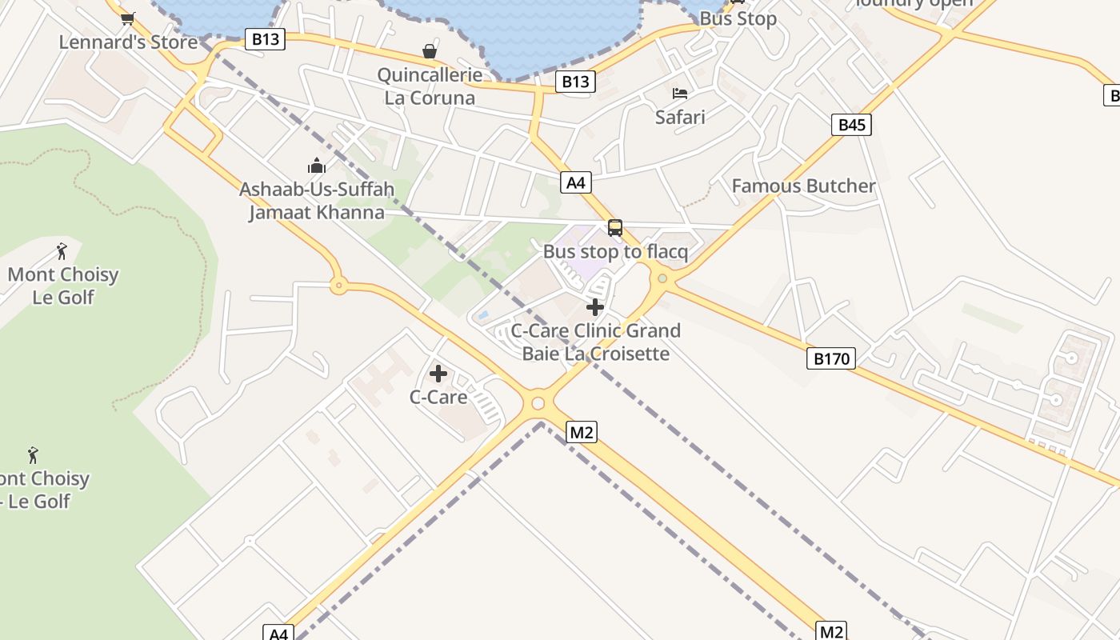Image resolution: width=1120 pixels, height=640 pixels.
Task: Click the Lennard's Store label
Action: point(128,42)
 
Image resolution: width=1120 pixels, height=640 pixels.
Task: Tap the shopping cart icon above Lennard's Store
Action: point(127,18)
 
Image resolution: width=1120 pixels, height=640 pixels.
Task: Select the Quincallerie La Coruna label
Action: point(430,86)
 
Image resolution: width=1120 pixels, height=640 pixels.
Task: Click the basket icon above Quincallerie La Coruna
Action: point(430,52)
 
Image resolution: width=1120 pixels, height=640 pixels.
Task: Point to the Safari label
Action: point(680,117)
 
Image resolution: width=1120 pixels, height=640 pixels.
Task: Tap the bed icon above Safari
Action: point(680,94)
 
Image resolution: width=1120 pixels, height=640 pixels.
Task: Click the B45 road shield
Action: point(851,125)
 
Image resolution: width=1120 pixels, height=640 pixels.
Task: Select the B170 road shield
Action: point(831,358)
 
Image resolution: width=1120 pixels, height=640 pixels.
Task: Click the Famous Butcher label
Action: point(803,186)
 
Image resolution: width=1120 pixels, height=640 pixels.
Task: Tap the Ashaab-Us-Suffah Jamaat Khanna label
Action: point(317,201)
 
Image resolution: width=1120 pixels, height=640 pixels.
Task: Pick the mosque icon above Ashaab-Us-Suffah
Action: point(317,166)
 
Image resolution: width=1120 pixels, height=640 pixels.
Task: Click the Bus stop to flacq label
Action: point(615,252)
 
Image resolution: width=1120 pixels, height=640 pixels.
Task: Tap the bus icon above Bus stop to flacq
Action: point(615,228)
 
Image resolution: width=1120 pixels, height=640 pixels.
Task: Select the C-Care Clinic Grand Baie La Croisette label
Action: point(596,342)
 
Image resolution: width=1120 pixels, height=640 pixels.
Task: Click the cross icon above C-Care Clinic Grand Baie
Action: point(595,307)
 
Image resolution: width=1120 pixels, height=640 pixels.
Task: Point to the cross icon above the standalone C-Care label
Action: point(438,374)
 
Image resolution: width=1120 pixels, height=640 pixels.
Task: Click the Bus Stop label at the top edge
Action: point(738,18)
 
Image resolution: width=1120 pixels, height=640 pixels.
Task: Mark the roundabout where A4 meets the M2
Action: point(538,403)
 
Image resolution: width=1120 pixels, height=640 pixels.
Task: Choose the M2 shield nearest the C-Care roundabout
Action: point(582,433)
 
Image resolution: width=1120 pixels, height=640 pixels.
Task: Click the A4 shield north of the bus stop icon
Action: point(576,182)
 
